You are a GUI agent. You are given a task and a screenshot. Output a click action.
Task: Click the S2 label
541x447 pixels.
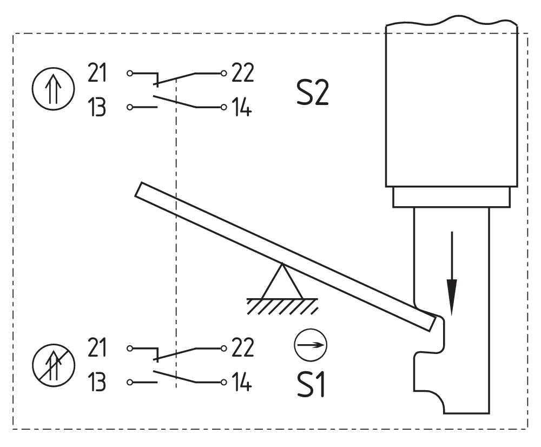pyautogui.click(x=312, y=93)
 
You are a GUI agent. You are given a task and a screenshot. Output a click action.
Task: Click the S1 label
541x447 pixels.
pyautogui.click(x=311, y=385)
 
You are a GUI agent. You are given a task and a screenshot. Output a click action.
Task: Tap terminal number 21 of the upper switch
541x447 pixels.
pyautogui.click(x=97, y=73)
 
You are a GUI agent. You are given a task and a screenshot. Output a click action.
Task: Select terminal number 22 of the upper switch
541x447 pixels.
pyautogui.click(x=242, y=73)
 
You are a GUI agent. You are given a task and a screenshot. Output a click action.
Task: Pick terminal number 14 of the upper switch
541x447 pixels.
pyautogui.click(x=241, y=107)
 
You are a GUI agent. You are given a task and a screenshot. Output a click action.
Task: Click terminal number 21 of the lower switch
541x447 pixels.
pyautogui.click(x=97, y=347)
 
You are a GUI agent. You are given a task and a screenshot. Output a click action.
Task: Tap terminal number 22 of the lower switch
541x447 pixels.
pyautogui.click(x=242, y=347)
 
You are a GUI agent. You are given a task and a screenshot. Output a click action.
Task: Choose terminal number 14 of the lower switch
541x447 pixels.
pyautogui.click(x=241, y=382)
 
